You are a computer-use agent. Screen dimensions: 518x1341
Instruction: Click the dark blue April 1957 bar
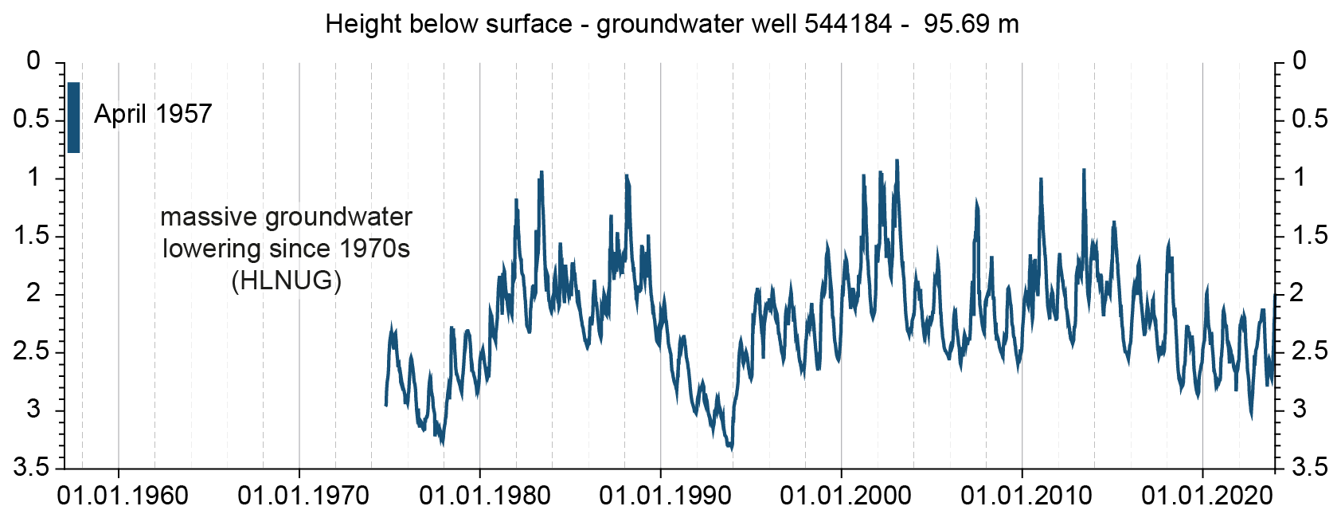[x=74, y=117]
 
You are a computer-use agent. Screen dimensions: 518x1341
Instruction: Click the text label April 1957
[x=153, y=114]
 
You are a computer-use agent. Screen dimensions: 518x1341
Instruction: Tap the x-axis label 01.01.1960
[x=123, y=496]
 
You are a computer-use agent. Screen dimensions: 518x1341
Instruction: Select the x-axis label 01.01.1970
[x=303, y=496]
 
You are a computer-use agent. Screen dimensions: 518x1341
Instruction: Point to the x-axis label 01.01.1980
[x=484, y=496]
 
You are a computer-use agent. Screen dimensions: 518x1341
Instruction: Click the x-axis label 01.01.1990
[x=665, y=496]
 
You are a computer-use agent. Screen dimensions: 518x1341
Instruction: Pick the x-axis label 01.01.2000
[x=846, y=496]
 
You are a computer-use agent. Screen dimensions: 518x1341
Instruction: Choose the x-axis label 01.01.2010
[x=1026, y=496]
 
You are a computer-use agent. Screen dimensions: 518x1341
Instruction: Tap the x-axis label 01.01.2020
[x=1207, y=496]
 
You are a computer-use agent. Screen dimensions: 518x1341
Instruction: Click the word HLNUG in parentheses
[x=287, y=281]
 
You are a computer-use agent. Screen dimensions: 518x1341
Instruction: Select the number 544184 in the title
[x=847, y=24]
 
